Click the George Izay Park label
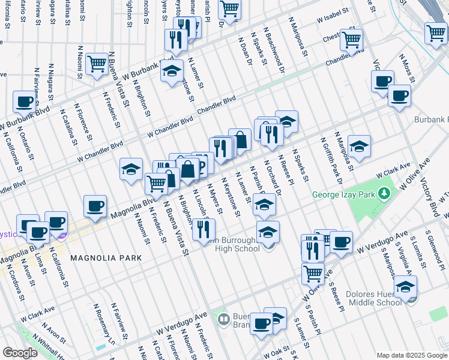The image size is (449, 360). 347,195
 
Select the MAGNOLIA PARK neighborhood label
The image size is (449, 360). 106,258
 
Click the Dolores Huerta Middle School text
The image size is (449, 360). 374,299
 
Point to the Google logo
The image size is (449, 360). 20,353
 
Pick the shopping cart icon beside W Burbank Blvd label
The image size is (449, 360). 96,63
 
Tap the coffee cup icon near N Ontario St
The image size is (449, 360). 24,102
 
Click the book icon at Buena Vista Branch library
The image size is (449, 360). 223,318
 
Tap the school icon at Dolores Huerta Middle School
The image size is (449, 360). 405,286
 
